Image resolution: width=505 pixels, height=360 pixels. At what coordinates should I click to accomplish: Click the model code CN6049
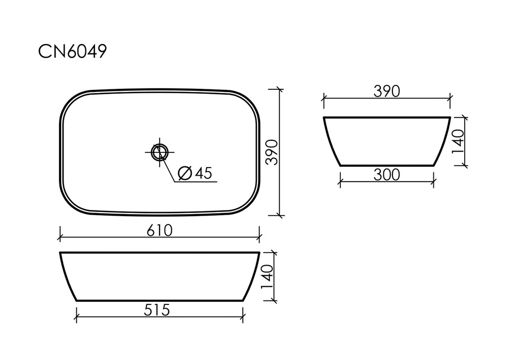pos(72,52)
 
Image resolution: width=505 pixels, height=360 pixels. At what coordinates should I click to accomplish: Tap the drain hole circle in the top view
pos(159,151)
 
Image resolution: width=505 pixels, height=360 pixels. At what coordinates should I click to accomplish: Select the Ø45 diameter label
pos(195,173)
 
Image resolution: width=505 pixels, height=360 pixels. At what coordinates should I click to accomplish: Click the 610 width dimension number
pos(160,231)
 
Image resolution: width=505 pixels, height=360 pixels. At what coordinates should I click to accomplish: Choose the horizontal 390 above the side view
pos(386,91)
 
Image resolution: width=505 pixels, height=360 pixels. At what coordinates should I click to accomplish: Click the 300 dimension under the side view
pos(386,175)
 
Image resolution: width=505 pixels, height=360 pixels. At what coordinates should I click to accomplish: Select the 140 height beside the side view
pos(459,141)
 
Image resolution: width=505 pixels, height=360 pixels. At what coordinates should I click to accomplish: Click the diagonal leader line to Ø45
pos(170,167)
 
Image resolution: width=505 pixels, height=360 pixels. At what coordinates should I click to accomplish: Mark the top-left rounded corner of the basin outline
pos(70,100)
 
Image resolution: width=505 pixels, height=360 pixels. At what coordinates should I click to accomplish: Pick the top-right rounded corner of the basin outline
pos(250,100)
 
